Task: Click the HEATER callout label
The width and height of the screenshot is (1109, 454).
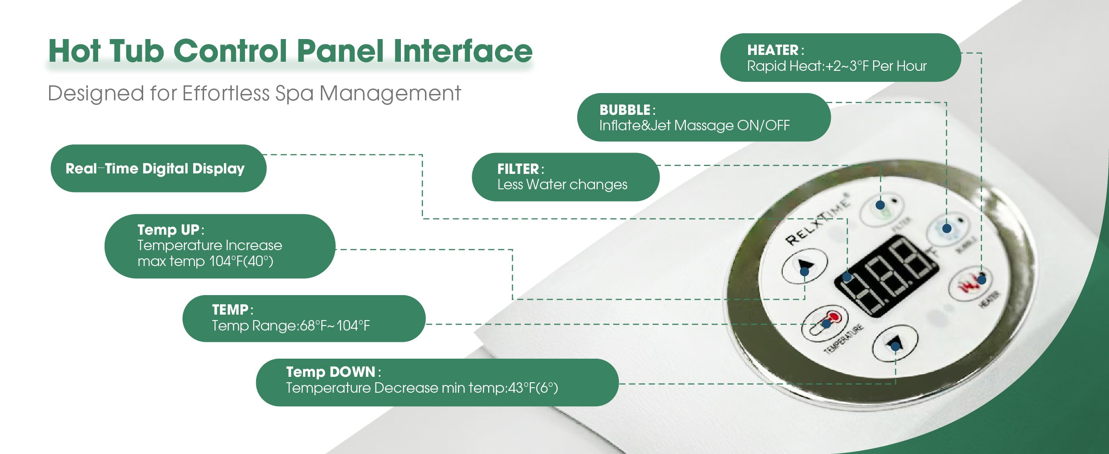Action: [x=840, y=57]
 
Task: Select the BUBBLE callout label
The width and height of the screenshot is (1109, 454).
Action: [x=704, y=117]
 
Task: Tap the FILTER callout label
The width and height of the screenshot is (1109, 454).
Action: [x=565, y=177]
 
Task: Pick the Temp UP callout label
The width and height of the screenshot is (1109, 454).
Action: [x=220, y=246]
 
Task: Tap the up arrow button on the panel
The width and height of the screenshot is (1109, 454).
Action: [x=804, y=267]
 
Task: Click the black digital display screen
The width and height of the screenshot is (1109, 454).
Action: [x=886, y=277]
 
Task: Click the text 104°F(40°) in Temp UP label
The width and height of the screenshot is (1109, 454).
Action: [x=241, y=262]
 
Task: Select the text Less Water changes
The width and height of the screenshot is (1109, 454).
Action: [x=562, y=185]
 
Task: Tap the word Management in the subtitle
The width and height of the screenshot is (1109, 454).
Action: [x=390, y=94]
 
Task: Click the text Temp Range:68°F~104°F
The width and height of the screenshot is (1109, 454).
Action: [x=291, y=326]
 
